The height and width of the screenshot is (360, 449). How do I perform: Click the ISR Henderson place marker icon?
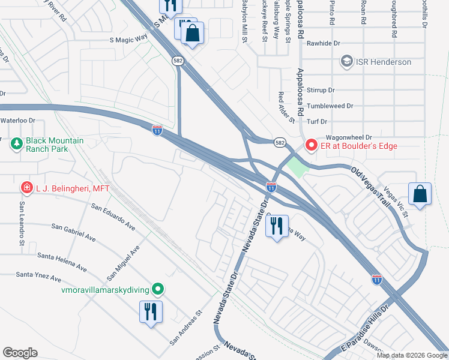click(346, 62)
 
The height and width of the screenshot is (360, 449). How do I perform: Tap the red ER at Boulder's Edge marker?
click(311, 145)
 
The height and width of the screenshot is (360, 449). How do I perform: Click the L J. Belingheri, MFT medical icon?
click(26, 188)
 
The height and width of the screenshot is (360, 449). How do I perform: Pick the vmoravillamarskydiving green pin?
click(157, 290)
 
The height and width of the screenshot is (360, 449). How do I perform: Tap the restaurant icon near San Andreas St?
click(150, 311)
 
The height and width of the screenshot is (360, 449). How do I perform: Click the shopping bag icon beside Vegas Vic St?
click(420, 194)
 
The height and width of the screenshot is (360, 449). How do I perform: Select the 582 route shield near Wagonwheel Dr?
click(280, 143)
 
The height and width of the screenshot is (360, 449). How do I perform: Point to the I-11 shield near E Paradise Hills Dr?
click(376, 279)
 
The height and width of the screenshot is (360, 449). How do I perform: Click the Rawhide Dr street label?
click(324, 43)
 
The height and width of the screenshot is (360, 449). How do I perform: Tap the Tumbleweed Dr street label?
click(330, 106)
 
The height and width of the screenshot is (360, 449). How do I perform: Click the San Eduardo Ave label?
click(113, 217)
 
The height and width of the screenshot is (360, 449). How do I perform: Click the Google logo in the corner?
click(20, 353)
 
